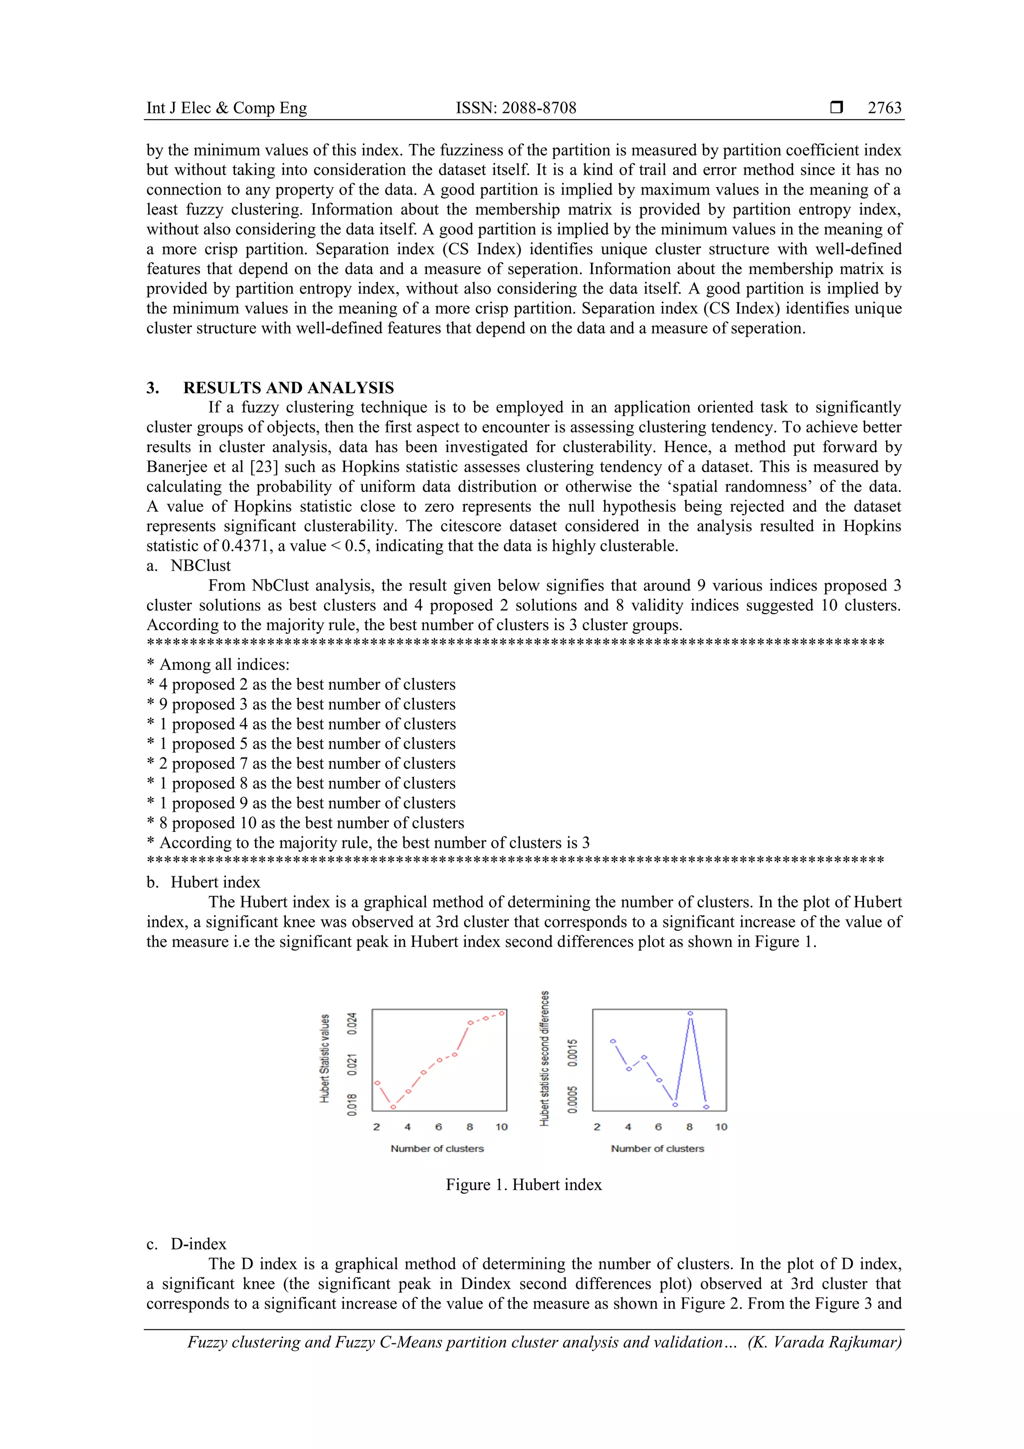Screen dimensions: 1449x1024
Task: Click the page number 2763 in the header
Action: click(884, 108)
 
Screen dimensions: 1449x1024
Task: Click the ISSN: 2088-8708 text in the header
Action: click(515, 108)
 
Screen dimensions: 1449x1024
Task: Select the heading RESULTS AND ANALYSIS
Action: click(288, 388)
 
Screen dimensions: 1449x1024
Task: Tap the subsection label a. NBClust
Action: click(188, 566)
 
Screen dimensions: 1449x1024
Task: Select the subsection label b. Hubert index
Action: click(203, 882)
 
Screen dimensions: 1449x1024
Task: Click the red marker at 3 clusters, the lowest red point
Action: click(393, 1107)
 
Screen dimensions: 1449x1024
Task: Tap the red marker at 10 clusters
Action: click(502, 1013)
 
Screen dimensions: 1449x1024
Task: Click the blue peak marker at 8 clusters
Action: click(690, 1013)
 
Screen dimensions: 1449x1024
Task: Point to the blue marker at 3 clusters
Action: click(612, 1041)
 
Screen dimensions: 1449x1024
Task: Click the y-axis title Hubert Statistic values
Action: click(325, 1058)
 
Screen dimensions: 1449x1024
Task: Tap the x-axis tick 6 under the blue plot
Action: click(658, 1126)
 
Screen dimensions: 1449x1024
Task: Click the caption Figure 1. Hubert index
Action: click(523, 1184)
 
